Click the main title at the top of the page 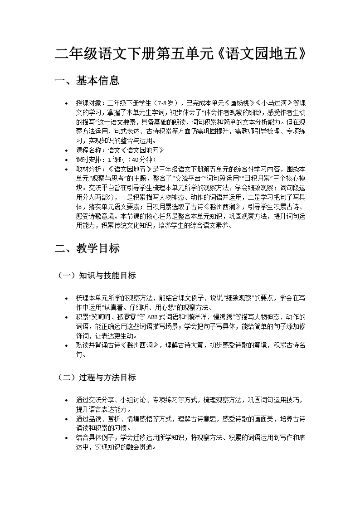pos(180,54)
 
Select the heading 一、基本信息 pos(87,81)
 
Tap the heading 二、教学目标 pos(87,248)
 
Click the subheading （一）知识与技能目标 pos(97,275)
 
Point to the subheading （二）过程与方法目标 pos(97,377)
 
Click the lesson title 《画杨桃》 pos(240,102)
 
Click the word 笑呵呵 pos(101,317)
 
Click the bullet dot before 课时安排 pos(67,160)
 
